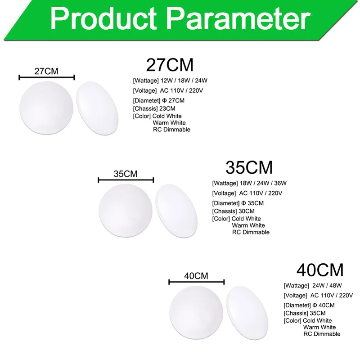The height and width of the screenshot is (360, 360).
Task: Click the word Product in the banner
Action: pyautogui.click(x=103, y=18)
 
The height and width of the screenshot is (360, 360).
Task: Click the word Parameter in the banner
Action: pyautogui.click(x=240, y=18)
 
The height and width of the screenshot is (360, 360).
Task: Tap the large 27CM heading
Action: pyautogui.click(x=170, y=65)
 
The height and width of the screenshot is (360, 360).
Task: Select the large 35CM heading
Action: pyautogui.click(x=249, y=167)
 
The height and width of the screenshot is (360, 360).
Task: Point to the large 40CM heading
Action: pyautogui.click(x=320, y=270)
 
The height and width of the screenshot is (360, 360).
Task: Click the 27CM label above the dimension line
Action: pyautogui.click(x=46, y=71)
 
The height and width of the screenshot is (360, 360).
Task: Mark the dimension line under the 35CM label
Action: pyautogui.click(x=126, y=180)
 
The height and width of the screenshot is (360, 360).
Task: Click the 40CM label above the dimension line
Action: pyautogui.click(x=196, y=276)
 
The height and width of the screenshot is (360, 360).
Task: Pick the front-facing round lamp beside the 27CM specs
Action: pyautogui.click(x=46, y=108)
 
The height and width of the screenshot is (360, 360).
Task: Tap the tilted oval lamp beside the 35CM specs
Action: pyautogui.click(x=176, y=211)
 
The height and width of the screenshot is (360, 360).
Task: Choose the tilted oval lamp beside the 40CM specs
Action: pyautogui.click(x=247, y=313)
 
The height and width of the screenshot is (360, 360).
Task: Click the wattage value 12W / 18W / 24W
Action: pyautogui.click(x=184, y=81)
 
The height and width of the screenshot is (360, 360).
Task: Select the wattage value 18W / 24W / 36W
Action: pyautogui.click(x=263, y=183)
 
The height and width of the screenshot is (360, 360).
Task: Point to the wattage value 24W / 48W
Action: pyautogui.click(x=327, y=285)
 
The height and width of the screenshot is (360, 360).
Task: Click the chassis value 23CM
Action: pyautogui.click(x=167, y=108)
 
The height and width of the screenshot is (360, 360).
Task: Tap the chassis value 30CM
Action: pyautogui.click(x=247, y=211)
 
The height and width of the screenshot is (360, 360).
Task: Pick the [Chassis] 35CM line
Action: pyautogui.click(x=305, y=313)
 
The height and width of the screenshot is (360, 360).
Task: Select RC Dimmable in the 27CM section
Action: pyautogui.click(x=172, y=130)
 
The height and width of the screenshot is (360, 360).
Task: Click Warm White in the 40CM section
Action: pyautogui.click(x=319, y=327)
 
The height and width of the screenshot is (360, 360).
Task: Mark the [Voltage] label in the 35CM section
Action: pyautogui.click(x=224, y=193)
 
